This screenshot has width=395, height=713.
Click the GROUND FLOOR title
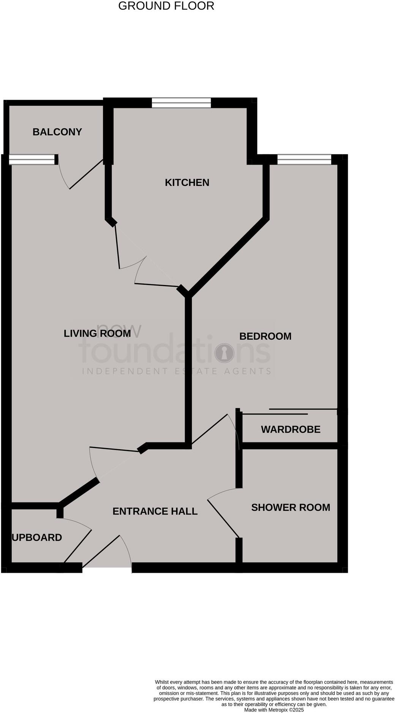pos(166,6)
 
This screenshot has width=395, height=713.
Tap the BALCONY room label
pos(57,132)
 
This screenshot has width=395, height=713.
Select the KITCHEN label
pos(187,182)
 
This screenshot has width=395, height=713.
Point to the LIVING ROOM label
pos(97,333)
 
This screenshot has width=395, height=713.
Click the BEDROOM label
pos(265,336)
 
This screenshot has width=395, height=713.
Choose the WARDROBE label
pos(291,429)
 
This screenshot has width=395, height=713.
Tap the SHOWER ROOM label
pos(291,507)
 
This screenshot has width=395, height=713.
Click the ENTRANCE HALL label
pos(155,511)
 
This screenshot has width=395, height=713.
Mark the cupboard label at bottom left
pos(37,537)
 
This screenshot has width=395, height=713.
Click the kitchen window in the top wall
pos(181,103)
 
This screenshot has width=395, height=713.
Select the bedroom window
pos(304,159)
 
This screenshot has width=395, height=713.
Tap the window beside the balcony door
pos(32,159)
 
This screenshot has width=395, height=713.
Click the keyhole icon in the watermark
pos(224,353)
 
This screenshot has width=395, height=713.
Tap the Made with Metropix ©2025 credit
pos(274,710)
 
